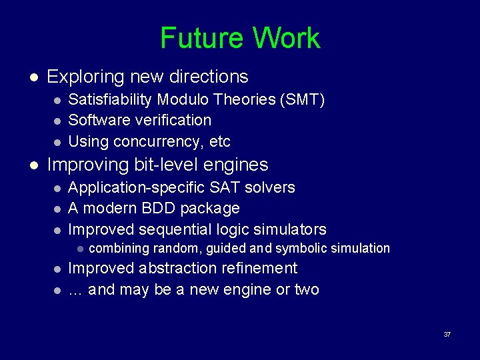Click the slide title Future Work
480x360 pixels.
pos(240,38)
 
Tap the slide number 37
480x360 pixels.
pos(447,334)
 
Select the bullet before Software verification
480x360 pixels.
pos(58,121)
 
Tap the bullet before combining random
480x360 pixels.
pos(79,249)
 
